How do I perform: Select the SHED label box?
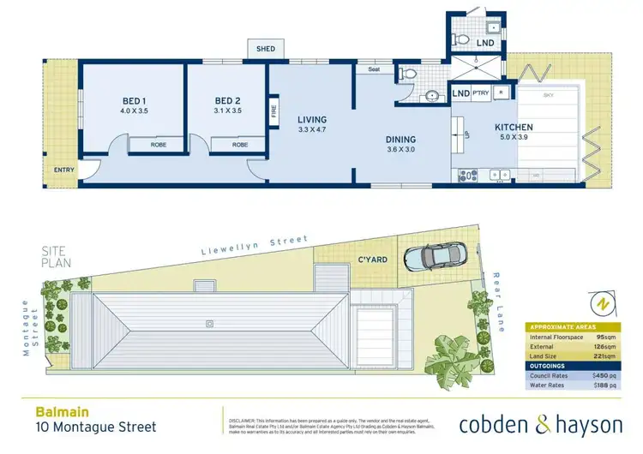coord(266,49)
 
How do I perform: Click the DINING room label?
coord(400,140)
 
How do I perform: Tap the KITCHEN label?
coord(514,128)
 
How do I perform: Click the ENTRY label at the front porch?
coord(64,170)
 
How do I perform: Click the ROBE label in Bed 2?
coord(240,145)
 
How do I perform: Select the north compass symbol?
coord(603,303)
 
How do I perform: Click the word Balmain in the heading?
coord(52,410)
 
